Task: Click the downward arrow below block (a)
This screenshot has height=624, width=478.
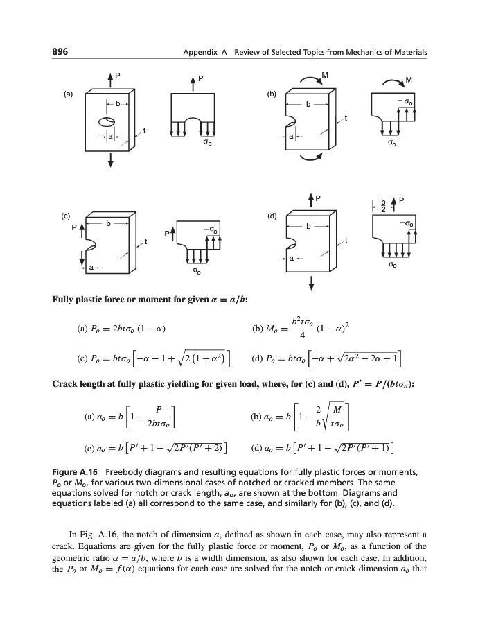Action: pos(109,161)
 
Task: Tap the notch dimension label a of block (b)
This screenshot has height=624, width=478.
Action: pos(292,136)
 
